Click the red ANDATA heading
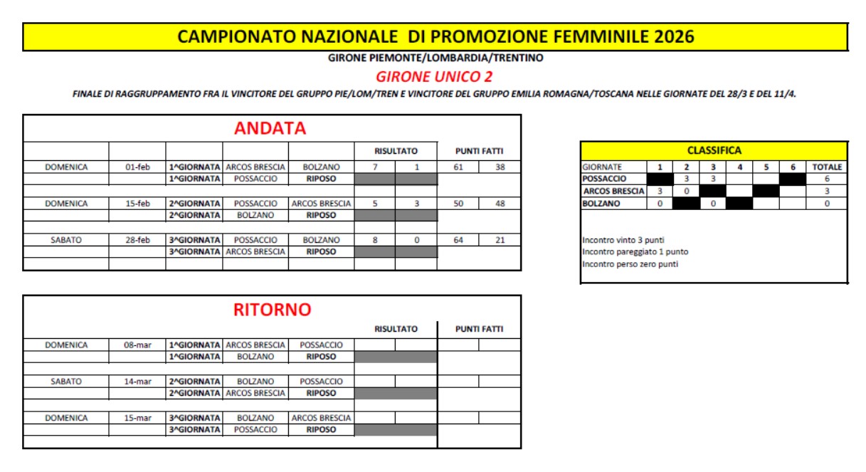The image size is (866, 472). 270,129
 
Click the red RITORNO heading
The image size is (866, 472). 272,310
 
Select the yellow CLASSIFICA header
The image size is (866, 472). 714,151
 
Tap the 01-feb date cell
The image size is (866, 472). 137,167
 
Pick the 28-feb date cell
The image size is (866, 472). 137,240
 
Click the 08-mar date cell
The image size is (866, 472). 137,345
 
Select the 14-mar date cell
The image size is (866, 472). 137,382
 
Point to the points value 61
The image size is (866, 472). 458,167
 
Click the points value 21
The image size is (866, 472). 500,240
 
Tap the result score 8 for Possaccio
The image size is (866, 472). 375,240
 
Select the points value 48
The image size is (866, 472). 500,204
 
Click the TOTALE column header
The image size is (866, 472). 827,167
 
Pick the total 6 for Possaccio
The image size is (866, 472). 827,179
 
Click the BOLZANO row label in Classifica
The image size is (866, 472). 601,204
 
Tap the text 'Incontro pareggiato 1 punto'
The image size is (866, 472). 635,252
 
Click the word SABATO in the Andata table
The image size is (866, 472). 66,240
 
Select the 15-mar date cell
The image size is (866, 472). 137,418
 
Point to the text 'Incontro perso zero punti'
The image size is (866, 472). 630,264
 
